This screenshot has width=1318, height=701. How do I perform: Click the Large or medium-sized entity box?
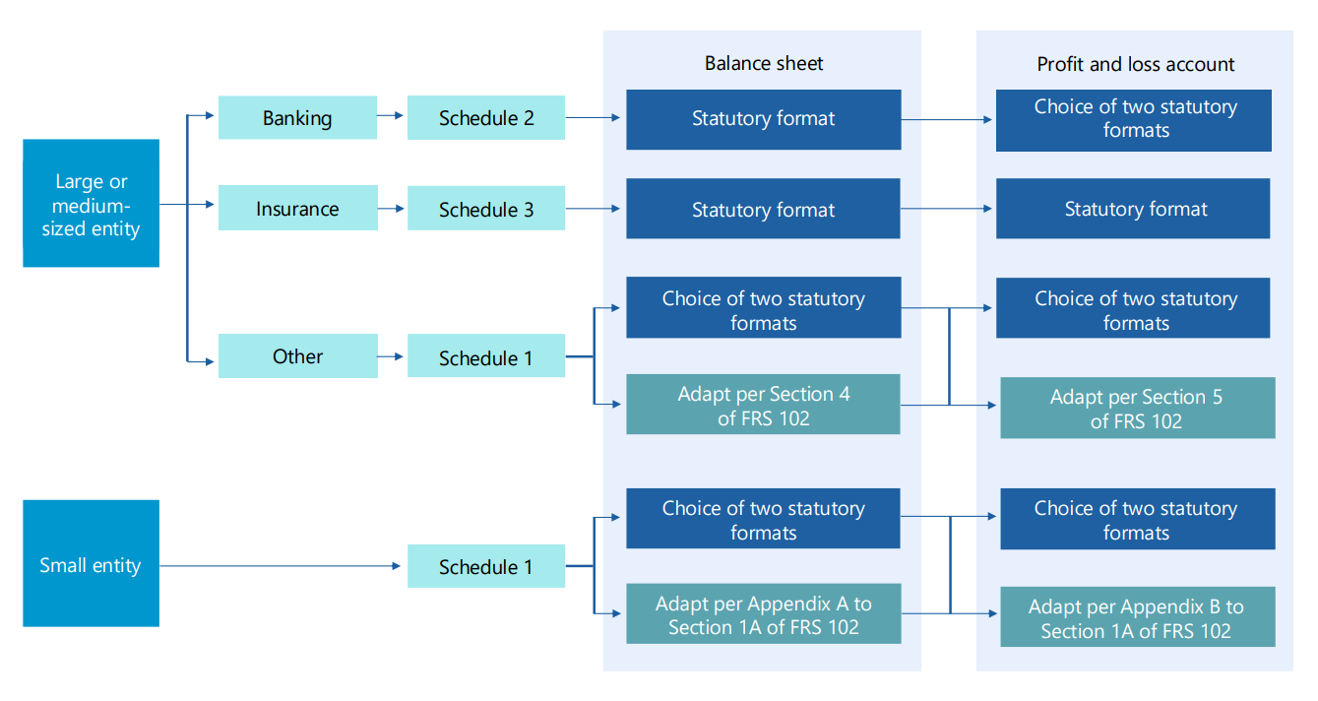pos(91,204)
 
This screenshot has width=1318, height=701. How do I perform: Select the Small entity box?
pos(91,564)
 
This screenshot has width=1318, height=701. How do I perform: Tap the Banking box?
pos(297,118)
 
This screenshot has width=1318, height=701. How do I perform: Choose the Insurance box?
pos(297,209)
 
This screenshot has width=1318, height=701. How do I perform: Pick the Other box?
pos(297,356)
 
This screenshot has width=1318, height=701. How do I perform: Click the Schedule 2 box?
pos(486,118)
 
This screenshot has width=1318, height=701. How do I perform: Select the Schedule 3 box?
pos(486,209)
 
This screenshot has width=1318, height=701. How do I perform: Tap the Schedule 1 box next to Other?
pos(486,357)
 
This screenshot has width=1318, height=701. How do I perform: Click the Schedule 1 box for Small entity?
pos(486,566)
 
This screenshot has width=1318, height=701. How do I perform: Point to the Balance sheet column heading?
pos(763,64)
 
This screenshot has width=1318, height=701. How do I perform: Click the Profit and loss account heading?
pos(1135,65)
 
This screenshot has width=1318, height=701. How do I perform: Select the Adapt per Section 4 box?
pos(763,405)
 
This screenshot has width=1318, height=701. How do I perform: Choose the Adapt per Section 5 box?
pos(1137,409)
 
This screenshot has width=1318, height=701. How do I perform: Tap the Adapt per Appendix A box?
pos(763,615)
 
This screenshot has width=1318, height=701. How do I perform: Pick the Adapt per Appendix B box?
pos(1137,618)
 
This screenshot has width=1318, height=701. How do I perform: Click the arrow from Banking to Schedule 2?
pos(392,116)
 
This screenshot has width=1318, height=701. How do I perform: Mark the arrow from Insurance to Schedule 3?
pos(392,209)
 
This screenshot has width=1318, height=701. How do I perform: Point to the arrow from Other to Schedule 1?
pos(392,356)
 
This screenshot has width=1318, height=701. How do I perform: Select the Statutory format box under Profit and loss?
pos(1133,209)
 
